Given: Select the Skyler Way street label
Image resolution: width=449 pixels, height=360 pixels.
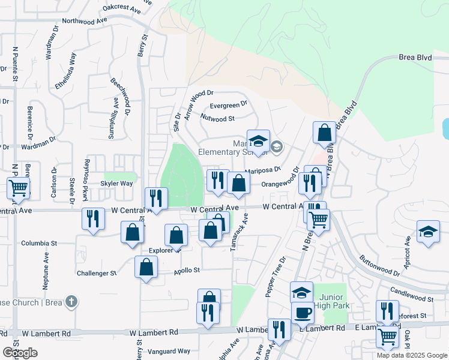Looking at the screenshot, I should [x=116, y=184].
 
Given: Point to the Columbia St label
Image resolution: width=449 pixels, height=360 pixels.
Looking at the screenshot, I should [x=38, y=244].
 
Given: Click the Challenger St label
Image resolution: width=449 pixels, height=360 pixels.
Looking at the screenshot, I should [x=97, y=273].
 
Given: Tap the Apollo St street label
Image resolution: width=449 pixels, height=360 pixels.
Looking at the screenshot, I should [x=186, y=271].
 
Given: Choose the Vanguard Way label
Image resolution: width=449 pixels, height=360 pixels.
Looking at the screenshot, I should [x=170, y=351].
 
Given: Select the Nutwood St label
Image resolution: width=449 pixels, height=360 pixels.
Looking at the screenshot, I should [x=217, y=118].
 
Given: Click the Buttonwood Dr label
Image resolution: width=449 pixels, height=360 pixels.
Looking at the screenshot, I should [x=379, y=265].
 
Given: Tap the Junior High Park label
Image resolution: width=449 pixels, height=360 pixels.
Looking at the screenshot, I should [x=332, y=301].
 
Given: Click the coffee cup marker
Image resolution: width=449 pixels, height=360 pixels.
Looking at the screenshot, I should [x=303, y=313].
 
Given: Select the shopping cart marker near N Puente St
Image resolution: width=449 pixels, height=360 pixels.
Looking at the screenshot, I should [x=18, y=188].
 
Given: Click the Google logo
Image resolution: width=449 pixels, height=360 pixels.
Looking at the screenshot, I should [x=20, y=353].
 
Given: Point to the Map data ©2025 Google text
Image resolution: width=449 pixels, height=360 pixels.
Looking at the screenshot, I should [x=412, y=355].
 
